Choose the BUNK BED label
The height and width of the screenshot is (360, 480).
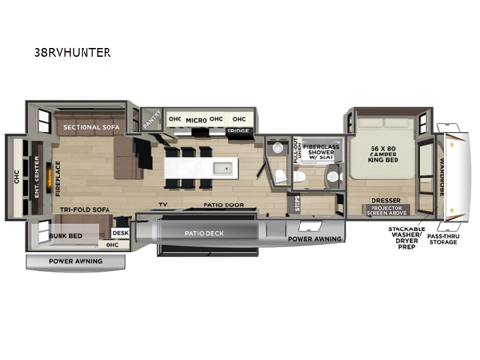coord(63,233)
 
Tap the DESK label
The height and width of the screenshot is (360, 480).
coord(120,233)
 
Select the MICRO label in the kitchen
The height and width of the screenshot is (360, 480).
coord(196,120)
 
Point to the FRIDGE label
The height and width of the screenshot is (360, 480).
coord(237,131)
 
